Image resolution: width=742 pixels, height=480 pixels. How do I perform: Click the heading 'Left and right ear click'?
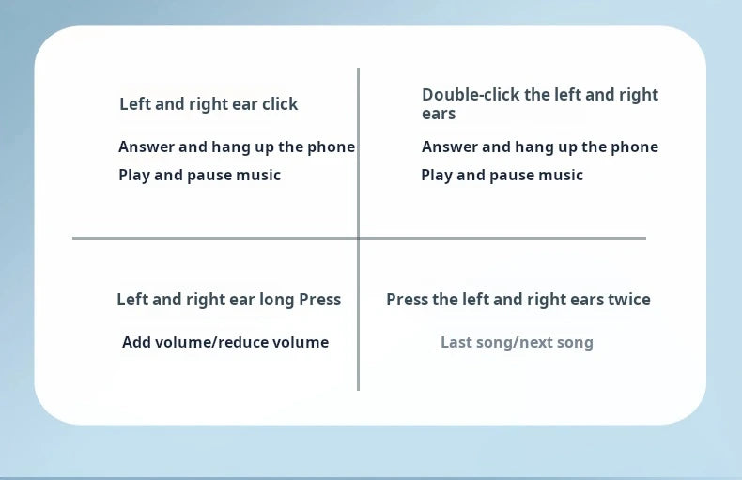pos(209,104)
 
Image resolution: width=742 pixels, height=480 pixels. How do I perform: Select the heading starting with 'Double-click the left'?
pos(540,103)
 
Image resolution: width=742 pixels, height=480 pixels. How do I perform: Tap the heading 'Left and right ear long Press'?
pos(228,300)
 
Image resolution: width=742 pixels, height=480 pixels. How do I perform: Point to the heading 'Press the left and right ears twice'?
pos(518,300)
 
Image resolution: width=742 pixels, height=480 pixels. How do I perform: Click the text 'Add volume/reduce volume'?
pos(225,342)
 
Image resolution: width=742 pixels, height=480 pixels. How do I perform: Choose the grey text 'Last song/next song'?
pos(517,342)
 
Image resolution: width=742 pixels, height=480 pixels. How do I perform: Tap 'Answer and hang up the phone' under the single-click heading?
pos(237,147)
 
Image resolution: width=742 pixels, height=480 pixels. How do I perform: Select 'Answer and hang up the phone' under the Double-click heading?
pos(540,147)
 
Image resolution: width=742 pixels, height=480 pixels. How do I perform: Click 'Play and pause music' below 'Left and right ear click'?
pos(199,175)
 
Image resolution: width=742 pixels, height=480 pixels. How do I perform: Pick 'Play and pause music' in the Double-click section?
pos(502,175)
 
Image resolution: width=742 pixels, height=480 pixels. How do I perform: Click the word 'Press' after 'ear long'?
pos(319,300)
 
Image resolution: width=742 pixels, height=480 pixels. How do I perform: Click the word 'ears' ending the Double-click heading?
pos(439,115)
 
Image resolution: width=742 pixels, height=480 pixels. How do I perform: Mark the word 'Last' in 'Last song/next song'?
pos(456,342)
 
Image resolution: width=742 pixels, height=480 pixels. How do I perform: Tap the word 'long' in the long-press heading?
pos(277,300)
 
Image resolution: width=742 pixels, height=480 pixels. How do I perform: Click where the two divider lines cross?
pos(358,238)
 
